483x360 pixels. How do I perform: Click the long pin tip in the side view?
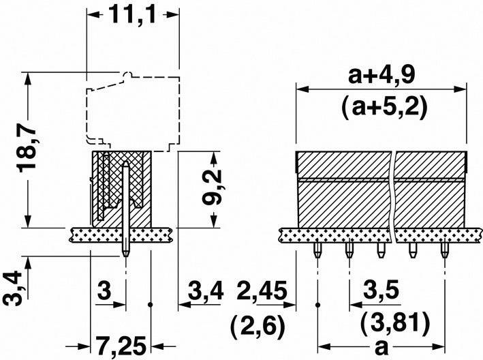point(126,254)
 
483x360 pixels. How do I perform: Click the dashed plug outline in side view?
point(129,109)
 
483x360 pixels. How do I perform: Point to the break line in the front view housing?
point(394,191)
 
